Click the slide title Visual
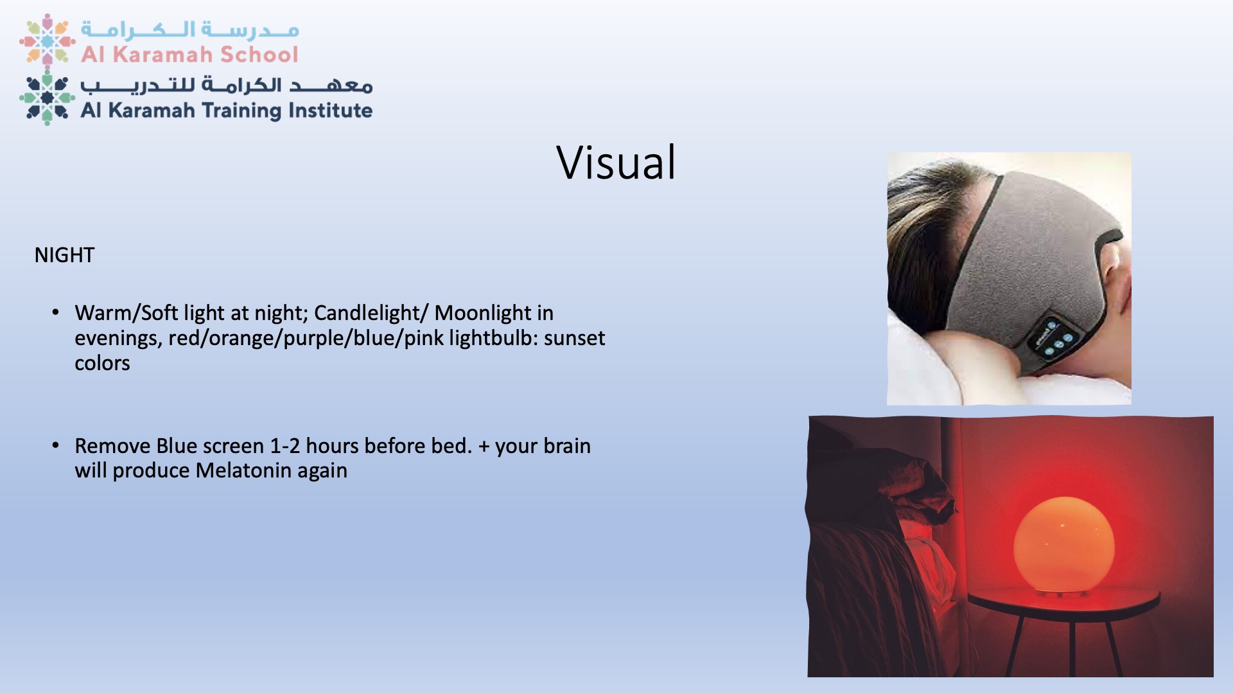pyautogui.click(x=616, y=163)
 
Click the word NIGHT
pyautogui.click(x=64, y=255)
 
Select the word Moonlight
pyautogui.click(x=484, y=313)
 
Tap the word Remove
pyautogui.click(x=112, y=446)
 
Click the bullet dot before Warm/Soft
pyautogui.click(x=56, y=312)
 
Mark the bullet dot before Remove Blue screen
pyautogui.click(x=56, y=445)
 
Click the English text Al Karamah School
pyautogui.click(x=189, y=55)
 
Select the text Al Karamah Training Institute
pyautogui.click(x=227, y=111)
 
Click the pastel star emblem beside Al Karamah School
pyautogui.click(x=48, y=40)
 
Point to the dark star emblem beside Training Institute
pyautogui.click(x=48, y=98)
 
